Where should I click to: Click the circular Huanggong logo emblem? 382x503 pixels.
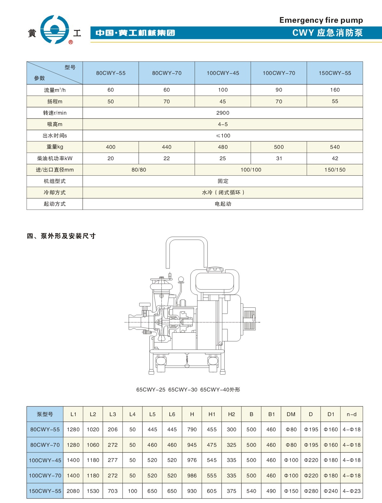pyautogui.click(x=55, y=29)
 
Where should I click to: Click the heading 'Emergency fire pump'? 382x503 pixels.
pyautogui.click(x=321, y=20)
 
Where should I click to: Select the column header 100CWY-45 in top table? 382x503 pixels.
pyautogui.click(x=223, y=73)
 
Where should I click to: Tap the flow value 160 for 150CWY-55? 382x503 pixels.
pyautogui.click(x=335, y=90)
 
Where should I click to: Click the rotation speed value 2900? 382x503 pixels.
pyautogui.click(x=223, y=113)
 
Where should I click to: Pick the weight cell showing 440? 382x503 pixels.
pyautogui.click(x=166, y=147)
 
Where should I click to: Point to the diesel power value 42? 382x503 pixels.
pyautogui.click(x=335, y=158)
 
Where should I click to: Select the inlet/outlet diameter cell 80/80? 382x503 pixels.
pyautogui.click(x=139, y=170)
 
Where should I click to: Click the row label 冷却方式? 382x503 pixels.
pyautogui.click(x=55, y=192)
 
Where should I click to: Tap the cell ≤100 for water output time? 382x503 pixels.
pyautogui.click(x=223, y=136)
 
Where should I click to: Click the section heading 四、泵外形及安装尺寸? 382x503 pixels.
pyautogui.click(x=61, y=236)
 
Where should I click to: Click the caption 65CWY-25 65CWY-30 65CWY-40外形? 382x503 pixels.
pyautogui.click(x=188, y=390)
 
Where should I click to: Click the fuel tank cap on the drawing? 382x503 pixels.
pyautogui.click(x=215, y=270)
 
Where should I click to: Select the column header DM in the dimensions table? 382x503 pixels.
pyautogui.click(x=291, y=414)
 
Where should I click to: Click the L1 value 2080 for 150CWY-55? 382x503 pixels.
pyautogui.click(x=73, y=491)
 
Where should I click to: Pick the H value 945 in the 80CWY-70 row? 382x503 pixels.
pyautogui.click(x=192, y=445)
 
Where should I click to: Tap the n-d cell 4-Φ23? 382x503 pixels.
pyautogui.click(x=351, y=491)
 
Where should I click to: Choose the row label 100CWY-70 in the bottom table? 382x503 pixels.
pyautogui.click(x=45, y=476)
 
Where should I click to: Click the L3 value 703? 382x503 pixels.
pyautogui.click(x=113, y=491)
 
